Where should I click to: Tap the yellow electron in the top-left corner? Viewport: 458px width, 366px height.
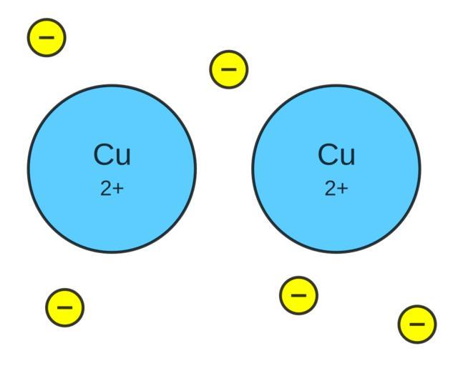point(47,37)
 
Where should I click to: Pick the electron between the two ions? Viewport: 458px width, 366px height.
point(229,69)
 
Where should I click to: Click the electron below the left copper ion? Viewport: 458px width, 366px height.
point(64,307)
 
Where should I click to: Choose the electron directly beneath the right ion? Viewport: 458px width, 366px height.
point(298,295)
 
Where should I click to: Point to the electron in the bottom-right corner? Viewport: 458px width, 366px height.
point(417,324)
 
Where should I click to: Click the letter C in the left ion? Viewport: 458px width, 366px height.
point(103,154)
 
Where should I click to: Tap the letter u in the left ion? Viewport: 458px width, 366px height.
point(123,157)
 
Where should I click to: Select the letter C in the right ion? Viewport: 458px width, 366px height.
point(327,154)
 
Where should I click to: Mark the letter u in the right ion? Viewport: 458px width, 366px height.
point(347,157)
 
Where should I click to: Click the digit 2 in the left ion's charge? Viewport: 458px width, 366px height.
point(105,189)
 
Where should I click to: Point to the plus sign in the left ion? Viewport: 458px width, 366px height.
point(118,189)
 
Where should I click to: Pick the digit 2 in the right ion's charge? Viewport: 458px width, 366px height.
point(329,189)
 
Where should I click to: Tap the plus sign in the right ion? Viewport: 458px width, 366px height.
point(342,189)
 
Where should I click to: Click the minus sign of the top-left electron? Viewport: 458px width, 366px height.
point(47,37)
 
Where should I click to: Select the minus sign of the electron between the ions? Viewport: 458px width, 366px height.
point(229,69)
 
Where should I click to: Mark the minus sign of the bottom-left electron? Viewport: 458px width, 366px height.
point(64,307)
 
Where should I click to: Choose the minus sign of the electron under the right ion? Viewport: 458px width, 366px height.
point(298,295)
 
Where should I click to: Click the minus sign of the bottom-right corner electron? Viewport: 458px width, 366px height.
point(417,324)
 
